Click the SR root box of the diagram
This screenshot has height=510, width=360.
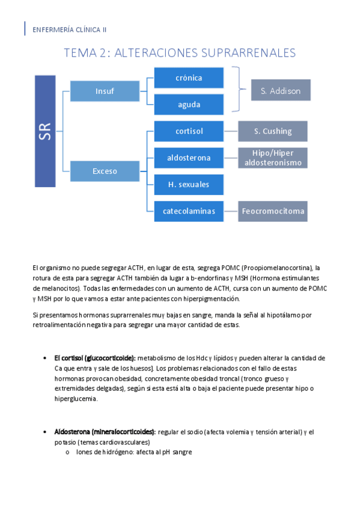pos(45,131)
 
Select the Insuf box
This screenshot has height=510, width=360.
pos(105,91)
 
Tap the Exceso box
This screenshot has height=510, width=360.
pos(105,171)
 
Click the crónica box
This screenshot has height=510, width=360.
pos(189,78)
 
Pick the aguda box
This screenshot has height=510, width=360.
pos(189,104)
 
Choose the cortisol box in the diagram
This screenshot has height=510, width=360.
pos(189,131)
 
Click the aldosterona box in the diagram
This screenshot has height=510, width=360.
pos(189,158)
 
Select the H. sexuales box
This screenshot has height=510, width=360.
pos(189,184)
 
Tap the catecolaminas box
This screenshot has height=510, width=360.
pos(189,210)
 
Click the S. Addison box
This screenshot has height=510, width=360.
pos(280,90)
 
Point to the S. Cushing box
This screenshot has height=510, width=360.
pos(272,131)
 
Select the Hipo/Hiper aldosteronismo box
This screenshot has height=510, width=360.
pos(272,158)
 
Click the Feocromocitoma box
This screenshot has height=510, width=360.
pos(272,210)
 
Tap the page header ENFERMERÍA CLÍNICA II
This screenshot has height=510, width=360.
pos(69,29)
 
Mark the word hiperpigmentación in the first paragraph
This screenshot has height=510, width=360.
pos(206,298)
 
